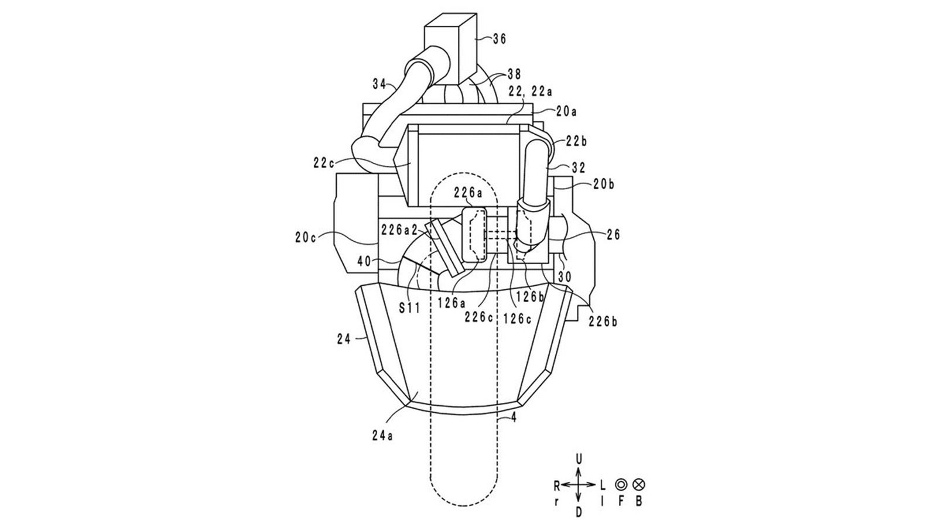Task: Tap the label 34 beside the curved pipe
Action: [x=380, y=84]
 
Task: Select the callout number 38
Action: [x=514, y=74]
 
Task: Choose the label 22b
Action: [x=577, y=141]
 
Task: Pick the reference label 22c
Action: [x=324, y=163]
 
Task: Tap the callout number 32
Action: [x=579, y=167]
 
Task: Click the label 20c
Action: [x=305, y=238]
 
